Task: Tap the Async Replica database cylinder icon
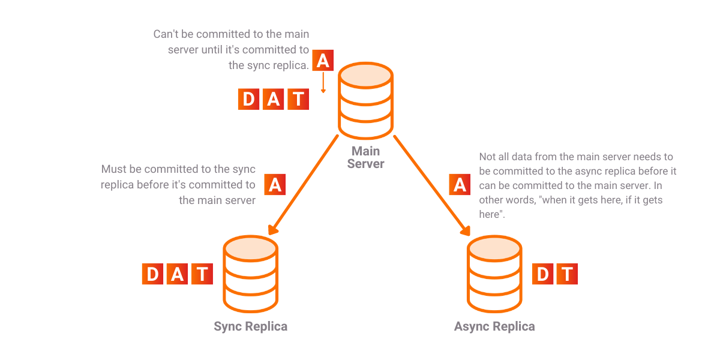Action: [494, 275]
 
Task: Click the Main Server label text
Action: [365, 157]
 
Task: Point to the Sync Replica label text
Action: [250, 326]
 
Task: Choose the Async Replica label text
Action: [494, 326]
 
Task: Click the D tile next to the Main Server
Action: [248, 99]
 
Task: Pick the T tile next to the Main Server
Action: [298, 99]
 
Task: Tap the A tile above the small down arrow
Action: [323, 61]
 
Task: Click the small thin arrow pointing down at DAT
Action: [323, 83]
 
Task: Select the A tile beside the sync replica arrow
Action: [275, 184]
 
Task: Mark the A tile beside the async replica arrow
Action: [460, 184]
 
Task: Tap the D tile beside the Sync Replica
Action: [152, 274]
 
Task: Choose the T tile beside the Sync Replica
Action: [202, 274]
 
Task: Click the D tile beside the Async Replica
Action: [542, 274]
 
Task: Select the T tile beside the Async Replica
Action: [567, 274]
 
